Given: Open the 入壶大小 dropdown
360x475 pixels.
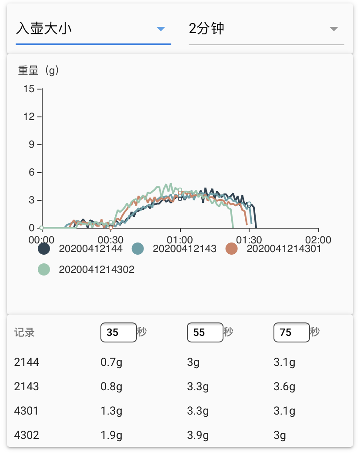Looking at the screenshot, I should (93, 29).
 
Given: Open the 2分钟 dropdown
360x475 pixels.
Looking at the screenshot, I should (266, 29).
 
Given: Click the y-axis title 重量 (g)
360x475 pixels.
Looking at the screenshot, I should (38, 70).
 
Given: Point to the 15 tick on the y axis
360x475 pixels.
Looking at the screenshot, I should (29, 89).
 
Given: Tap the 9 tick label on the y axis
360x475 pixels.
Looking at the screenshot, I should (31, 145).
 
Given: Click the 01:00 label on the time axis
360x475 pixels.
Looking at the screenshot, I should (180, 240).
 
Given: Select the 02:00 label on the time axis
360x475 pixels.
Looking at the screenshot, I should (318, 240).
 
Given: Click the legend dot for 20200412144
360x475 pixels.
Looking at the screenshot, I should (44, 249).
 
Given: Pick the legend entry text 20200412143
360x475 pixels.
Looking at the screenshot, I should (184, 249).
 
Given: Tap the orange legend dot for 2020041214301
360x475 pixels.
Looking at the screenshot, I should (232, 249).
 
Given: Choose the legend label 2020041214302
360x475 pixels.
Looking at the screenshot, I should (97, 269).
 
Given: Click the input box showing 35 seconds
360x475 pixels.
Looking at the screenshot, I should (118, 332).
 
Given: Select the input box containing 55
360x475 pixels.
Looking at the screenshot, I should (205, 332).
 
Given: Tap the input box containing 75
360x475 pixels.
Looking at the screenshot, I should (291, 332).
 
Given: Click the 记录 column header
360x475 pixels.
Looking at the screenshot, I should (24, 333).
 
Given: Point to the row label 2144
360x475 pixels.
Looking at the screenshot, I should (27, 362).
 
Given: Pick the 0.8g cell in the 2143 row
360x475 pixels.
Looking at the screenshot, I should (111, 386).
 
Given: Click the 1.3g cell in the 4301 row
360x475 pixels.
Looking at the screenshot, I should (111, 411).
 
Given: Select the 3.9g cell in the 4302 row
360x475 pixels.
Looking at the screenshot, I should (198, 435).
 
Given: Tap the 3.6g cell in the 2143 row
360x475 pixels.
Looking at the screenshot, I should (284, 386).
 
